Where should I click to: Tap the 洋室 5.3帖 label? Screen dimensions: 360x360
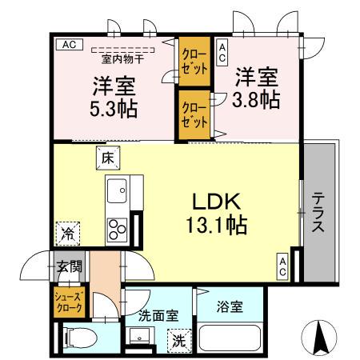click(x=113, y=95)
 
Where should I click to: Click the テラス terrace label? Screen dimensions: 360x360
click(x=318, y=214)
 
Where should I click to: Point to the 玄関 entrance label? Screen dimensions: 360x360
click(x=69, y=266)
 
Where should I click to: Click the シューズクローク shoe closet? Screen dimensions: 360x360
click(x=69, y=302)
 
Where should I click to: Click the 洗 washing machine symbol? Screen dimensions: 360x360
click(x=180, y=340)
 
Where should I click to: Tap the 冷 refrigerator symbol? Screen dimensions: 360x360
click(x=68, y=234)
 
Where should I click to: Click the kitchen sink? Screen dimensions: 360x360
click(x=117, y=192)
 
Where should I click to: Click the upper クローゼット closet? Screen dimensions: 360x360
click(x=193, y=63)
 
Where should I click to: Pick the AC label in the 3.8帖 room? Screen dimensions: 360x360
click(x=222, y=52)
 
